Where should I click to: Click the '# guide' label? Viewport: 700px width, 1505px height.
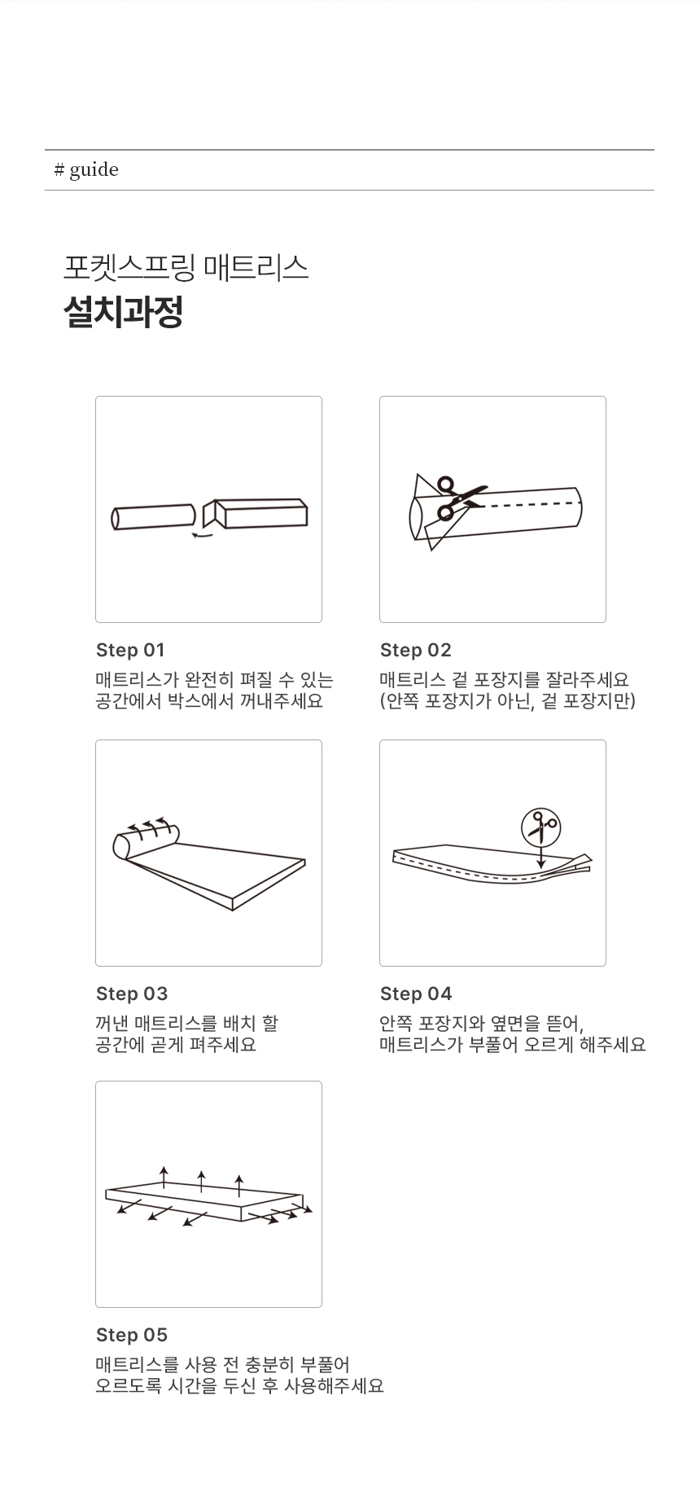coord(86,169)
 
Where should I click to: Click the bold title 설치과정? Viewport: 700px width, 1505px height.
coord(123,312)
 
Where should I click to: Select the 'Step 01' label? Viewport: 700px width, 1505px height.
coord(130,650)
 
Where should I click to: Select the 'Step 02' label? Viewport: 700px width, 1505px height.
coord(415,650)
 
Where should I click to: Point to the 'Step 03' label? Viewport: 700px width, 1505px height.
coord(132,994)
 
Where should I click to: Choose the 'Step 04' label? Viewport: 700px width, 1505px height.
coord(416,994)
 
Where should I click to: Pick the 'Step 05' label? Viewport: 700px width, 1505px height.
coord(132,1335)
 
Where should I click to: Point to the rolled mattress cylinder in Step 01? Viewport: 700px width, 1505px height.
coord(153,517)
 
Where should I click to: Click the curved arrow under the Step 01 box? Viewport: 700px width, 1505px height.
coord(202,535)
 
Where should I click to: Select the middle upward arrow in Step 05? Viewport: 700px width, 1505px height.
coord(202,1182)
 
